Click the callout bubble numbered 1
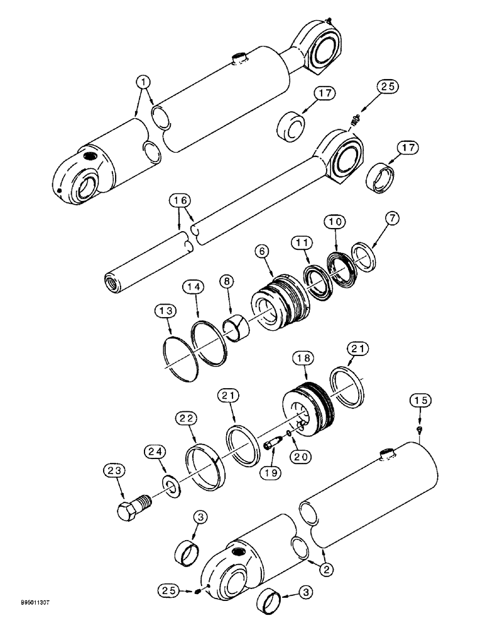tap(144, 81)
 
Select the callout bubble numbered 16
tap(179, 202)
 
